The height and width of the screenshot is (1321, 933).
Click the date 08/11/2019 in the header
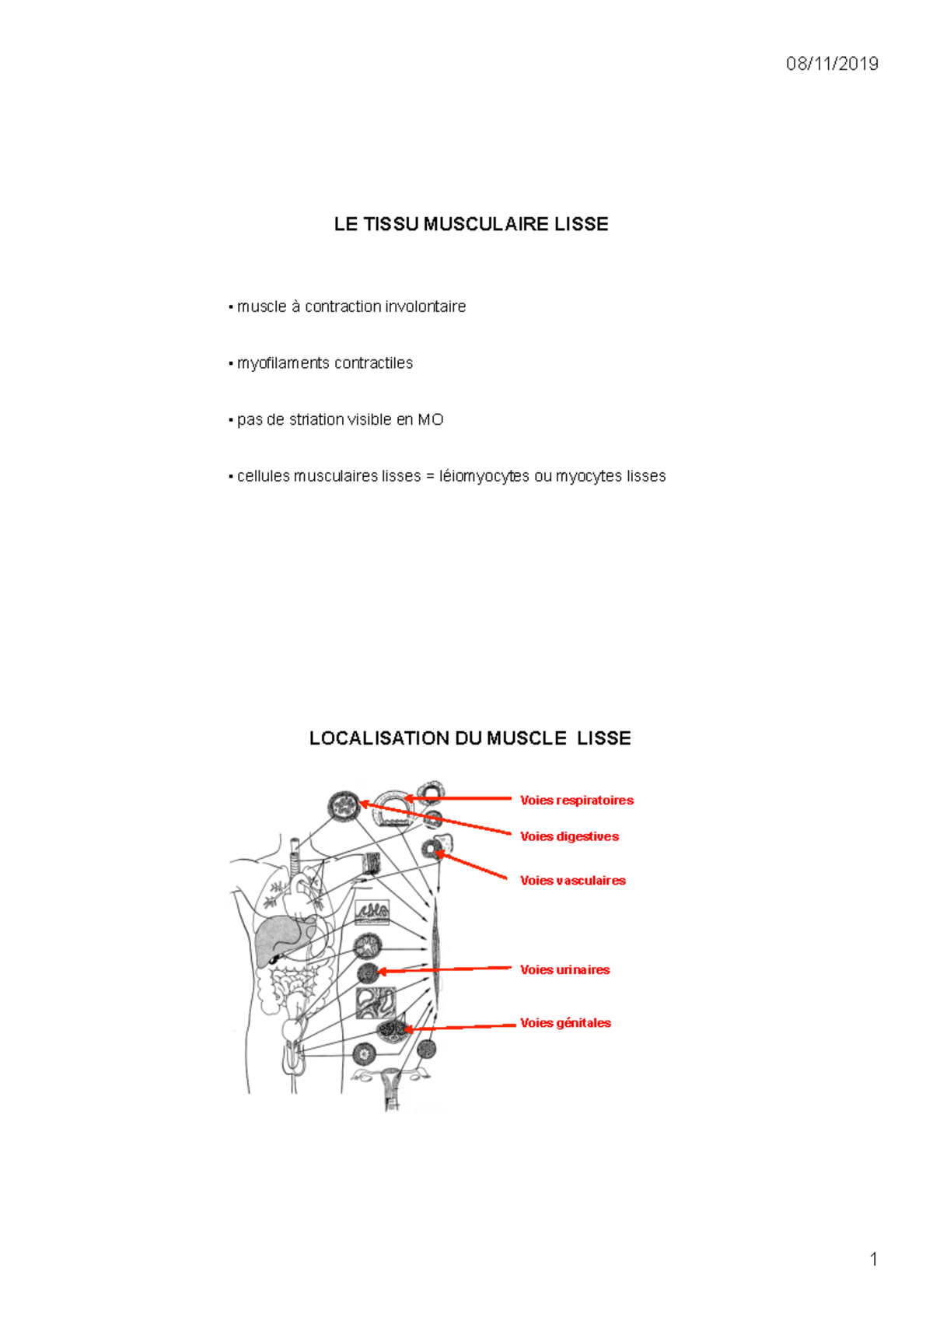coord(831,64)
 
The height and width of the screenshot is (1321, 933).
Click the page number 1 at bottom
coord(874,1259)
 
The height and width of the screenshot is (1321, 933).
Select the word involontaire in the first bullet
coord(425,307)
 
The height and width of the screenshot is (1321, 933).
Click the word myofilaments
coord(283,363)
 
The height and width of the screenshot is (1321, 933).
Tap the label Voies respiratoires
coord(576,801)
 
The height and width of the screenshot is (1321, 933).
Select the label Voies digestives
coord(569,836)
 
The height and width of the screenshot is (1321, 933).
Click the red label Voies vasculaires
coord(572,881)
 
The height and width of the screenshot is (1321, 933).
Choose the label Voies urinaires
coord(564,969)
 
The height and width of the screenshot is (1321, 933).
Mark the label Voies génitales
coord(565,1023)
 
